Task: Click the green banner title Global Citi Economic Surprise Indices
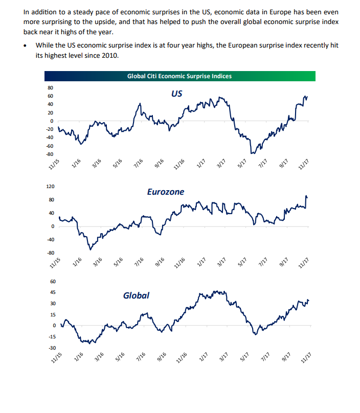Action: (x=179, y=76)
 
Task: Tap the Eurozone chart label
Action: (x=166, y=192)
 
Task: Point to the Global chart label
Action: (x=136, y=295)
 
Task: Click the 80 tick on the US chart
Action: (x=50, y=88)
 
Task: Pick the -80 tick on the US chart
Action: (x=50, y=154)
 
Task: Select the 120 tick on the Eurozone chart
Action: (x=50, y=187)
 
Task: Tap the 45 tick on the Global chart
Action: (x=52, y=293)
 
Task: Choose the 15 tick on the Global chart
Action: (x=52, y=315)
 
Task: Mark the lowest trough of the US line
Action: (x=252, y=153)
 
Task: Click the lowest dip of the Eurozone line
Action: (x=89, y=249)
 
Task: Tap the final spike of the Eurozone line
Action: (x=306, y=196)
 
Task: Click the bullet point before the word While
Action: (x=27, y=45)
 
